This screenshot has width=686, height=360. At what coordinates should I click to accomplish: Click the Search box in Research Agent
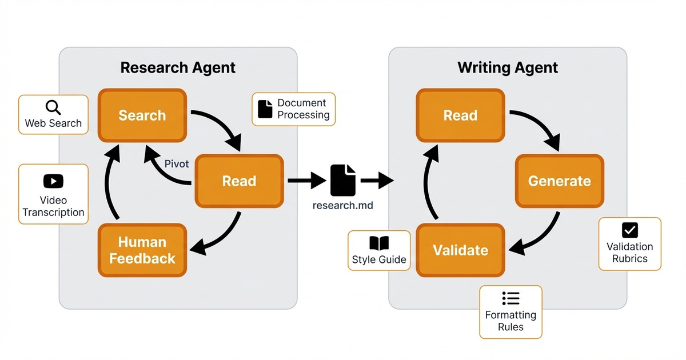click(x=142, y=115)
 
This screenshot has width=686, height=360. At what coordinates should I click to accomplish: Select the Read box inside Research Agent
click(x=239, y=181)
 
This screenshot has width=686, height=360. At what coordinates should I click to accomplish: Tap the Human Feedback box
click(x=142, y=250)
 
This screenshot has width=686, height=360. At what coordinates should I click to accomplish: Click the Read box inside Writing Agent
click(x=460, y=115)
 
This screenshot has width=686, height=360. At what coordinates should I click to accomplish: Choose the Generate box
click(x=559, y=181)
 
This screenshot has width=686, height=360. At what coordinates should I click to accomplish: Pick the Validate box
click(x=460, y=250)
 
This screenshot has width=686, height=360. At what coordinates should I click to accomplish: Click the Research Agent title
click(x=178, y=67)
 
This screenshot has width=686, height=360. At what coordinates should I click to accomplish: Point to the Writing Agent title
click(x=508, y=67)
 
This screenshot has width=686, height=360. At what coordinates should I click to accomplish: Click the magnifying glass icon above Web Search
click(x=53, y=107)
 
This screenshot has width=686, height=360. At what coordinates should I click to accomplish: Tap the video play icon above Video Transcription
click(x=53, y=181)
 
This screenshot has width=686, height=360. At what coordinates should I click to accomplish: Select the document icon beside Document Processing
click(x=265, y=109)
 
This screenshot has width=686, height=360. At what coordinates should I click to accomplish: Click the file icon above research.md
click(x=343, y=180)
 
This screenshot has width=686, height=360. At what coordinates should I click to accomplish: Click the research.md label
click(x=343, y=205)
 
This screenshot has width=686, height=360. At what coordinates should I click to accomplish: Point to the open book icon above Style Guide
click(x=379, y=244)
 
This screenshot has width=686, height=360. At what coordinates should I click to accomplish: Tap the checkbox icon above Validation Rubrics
click(x=629, y=230)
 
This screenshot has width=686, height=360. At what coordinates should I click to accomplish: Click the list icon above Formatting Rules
click(x=510, y=298)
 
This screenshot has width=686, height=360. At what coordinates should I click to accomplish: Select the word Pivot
click(x=177, y=164)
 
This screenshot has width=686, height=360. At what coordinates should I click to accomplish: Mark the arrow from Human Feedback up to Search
click(x=110, y=183)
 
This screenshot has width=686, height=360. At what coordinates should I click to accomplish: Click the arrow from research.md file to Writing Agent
click(x=377, y=181)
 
